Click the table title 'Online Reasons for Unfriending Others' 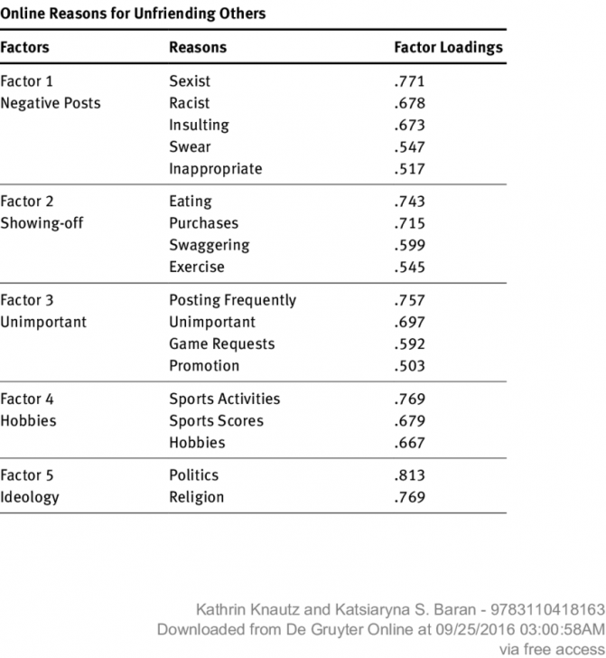(133, 14)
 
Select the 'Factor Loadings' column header (448, 47)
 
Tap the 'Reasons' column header (198, 47)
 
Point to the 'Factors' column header (24, 47)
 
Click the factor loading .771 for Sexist (409, 81)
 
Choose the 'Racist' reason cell (189, 103)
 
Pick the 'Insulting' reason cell (199, 125)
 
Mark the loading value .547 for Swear (409, 146)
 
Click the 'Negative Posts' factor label (51, 103)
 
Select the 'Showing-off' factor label (42, 223)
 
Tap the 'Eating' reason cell (191, 202)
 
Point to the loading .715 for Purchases (409, 223)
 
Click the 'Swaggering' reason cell (210, 245)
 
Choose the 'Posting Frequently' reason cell (232, 300)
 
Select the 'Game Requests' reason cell (221, 343)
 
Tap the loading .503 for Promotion (409, 365)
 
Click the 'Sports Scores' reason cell (216, 420)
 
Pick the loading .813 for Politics (409, 475)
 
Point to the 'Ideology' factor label (30, 497)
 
